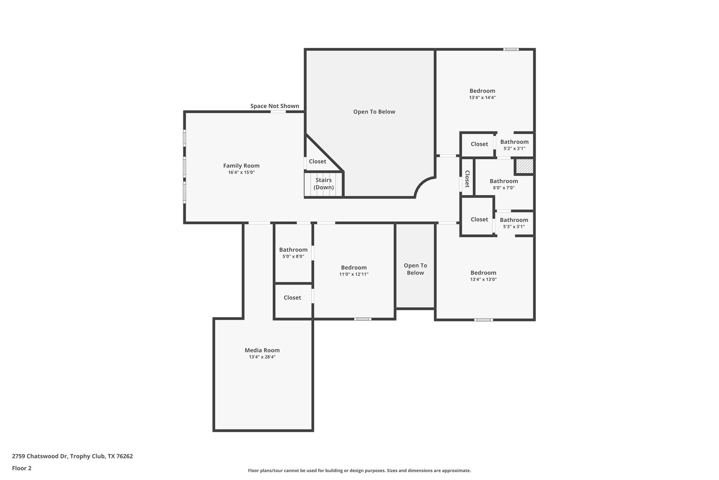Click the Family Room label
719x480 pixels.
tap(241, 166)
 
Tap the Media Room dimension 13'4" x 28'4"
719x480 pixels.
tap(262, 357)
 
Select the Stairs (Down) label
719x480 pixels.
tap(323, 184)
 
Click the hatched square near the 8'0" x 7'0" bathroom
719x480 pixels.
tap(525, 166)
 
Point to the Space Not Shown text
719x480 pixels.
tap(275, 106)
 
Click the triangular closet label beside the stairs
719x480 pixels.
tap(317, 161)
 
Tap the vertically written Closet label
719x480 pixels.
tap(467, 179)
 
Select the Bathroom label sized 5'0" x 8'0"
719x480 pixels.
tap(293, 250)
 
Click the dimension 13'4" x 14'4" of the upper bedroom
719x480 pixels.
tap(482, 97)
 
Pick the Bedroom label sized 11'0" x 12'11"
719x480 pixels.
tap(354, 268)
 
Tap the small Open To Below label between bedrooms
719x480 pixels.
tap(415, 269)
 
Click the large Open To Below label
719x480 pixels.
tap(374, 112)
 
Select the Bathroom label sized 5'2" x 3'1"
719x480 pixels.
tap(514, 142)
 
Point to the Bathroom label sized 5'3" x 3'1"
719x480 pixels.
tap(514, 220)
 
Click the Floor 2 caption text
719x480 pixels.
tap(22, 468)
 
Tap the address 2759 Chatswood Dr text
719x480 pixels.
tap(72, 456)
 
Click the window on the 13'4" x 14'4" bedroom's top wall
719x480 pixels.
tap(511, 49)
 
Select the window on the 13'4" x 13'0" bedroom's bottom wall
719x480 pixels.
tap(483, 320)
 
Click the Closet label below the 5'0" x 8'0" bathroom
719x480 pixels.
tap(292, 297)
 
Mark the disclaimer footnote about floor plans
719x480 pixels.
tap(359, 471)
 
